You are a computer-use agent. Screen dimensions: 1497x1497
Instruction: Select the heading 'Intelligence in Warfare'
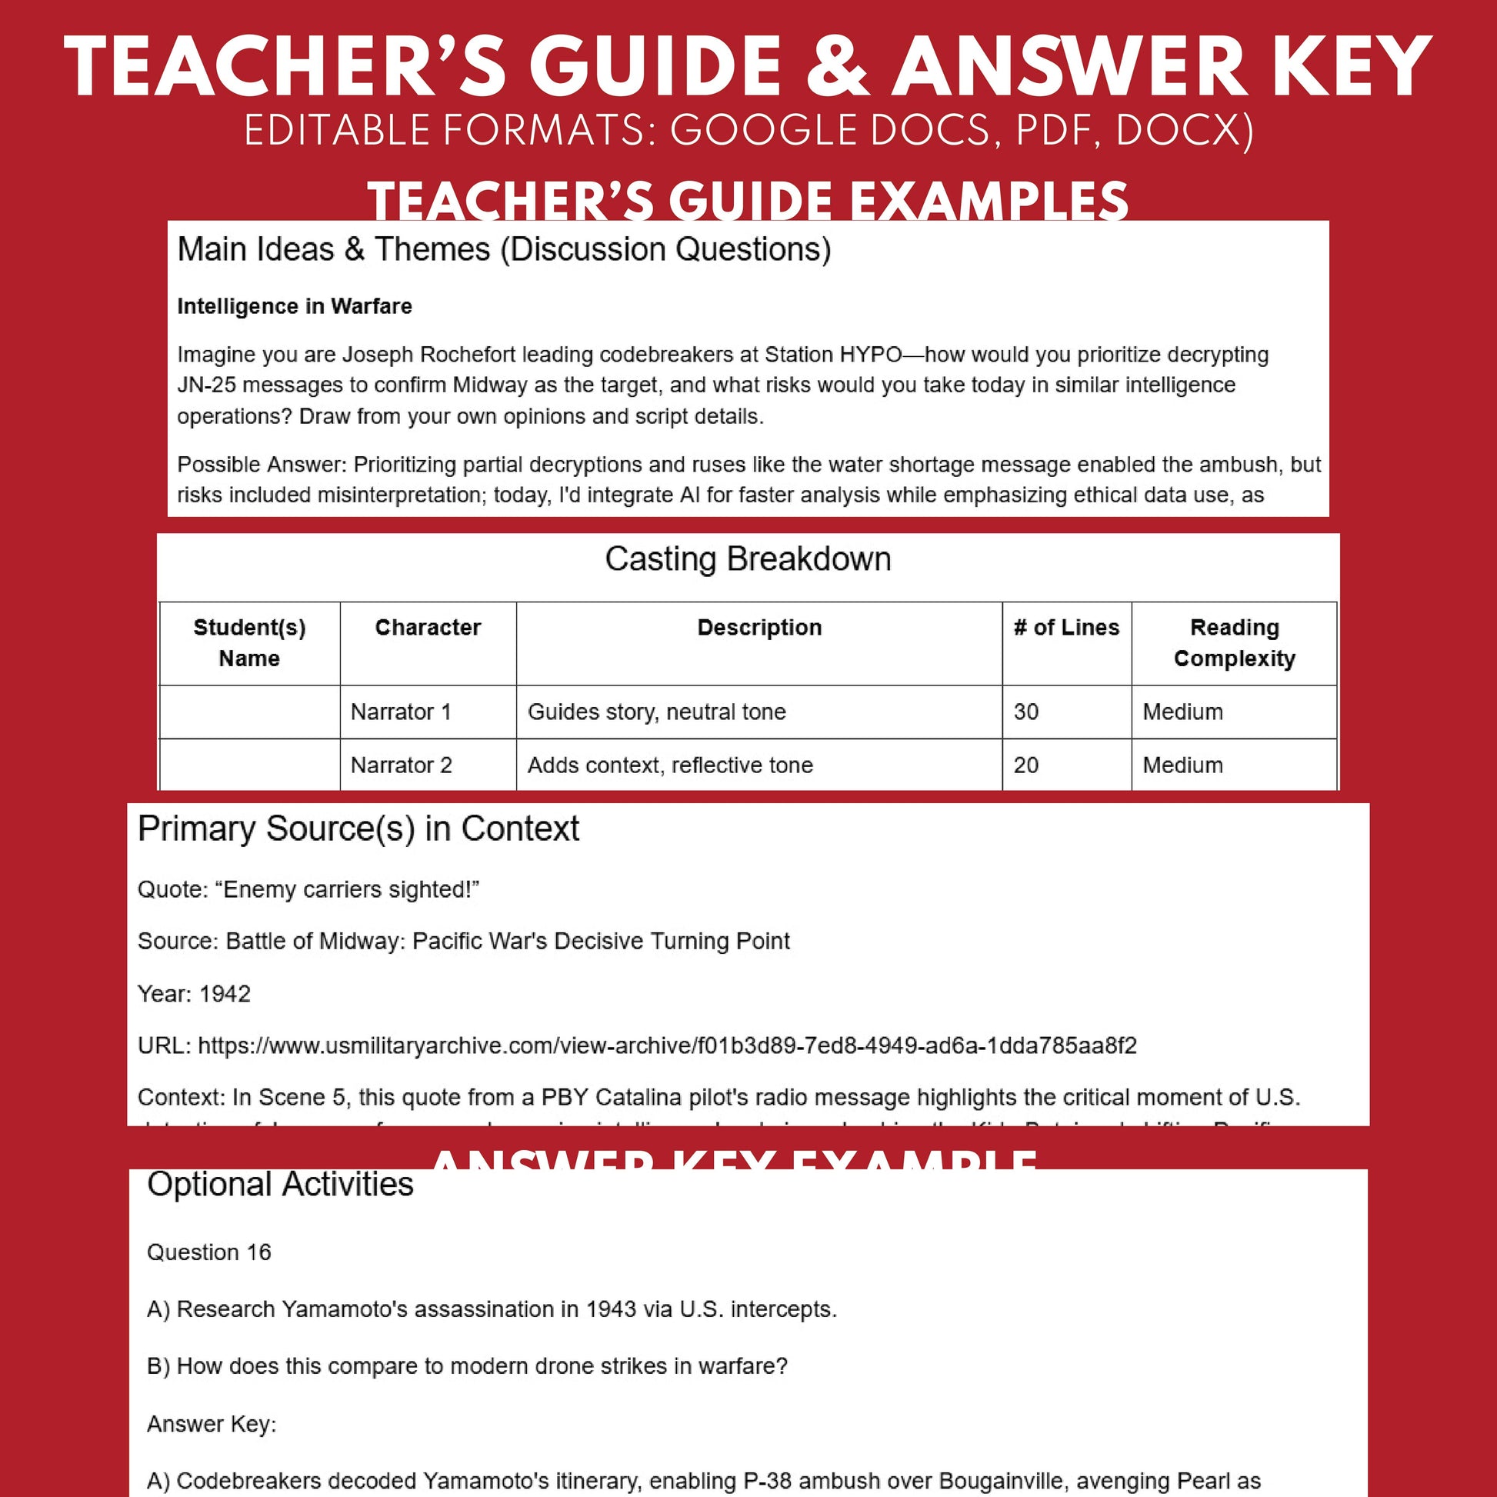pos(295,306)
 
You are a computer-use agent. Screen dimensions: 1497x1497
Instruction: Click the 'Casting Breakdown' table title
pos(748,559)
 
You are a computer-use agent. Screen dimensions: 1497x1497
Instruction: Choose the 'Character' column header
pos(428,628)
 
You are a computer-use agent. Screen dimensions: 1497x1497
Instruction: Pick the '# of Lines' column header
pos(1066,628)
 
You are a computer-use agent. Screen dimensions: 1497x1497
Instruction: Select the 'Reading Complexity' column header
pos(1234,642)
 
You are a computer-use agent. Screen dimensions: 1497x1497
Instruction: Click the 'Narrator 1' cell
pos(401,712)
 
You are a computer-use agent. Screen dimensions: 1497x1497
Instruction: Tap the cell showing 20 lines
pos(1026,765)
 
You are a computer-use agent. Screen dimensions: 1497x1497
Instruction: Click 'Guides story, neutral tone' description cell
pos(656,712)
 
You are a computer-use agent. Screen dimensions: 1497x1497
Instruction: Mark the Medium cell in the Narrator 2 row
pos(1182,765)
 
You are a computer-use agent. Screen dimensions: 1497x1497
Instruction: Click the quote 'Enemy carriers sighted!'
pos(350,889)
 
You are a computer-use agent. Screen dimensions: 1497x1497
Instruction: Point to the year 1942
pos(225,994)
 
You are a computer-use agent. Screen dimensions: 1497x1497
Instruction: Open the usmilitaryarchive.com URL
pos(667,1046)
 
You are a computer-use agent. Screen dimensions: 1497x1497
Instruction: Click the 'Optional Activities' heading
pos(281,1185)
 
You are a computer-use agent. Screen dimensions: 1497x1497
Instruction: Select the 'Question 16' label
pos(209,1252)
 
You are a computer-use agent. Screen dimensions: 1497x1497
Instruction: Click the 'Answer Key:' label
pos(212,1424)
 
